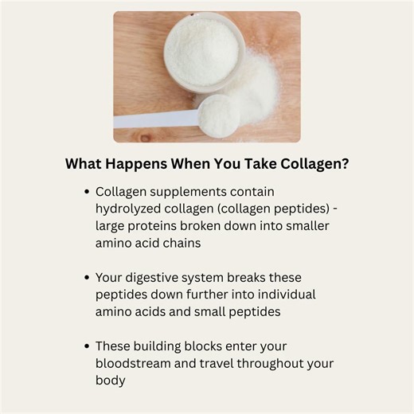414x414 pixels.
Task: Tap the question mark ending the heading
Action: coord(346,165)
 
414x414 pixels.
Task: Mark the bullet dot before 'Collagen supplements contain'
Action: coord(86,193)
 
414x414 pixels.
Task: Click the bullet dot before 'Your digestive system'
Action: coord(86,279)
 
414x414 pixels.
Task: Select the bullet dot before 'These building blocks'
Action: coord(86,347)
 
